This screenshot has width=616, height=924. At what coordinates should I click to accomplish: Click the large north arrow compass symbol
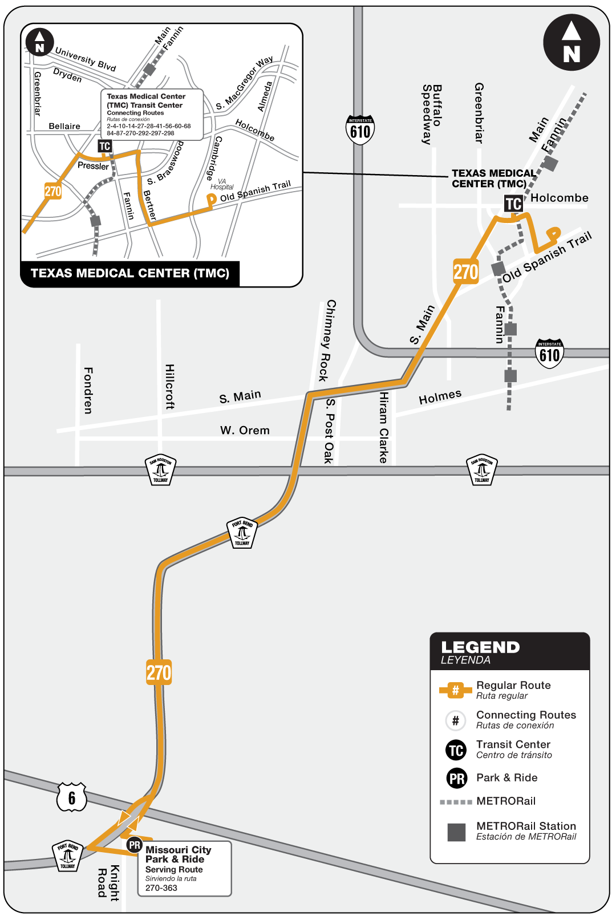click(x=571, y=43)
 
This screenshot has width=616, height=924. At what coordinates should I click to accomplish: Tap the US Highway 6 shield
click(x=72, y=797)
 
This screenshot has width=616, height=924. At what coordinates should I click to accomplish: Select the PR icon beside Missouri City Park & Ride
click(x=135, y=845)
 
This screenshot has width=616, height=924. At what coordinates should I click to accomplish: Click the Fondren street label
click(x=88, y=390)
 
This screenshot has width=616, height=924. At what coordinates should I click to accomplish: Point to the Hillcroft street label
click(x=169, y=387)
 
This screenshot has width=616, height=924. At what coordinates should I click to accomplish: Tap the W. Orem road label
click(x=245, y=431)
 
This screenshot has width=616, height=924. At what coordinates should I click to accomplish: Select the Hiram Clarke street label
click(x=384, y=427)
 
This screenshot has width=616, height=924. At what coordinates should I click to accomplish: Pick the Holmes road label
click(x=440, y=397)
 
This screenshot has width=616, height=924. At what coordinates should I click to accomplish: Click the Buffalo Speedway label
click(x=432, y=114)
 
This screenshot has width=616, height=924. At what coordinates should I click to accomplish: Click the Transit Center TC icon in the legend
click(x=456, y=750)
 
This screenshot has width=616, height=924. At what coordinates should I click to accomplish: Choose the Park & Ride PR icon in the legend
click(x=457, y=778)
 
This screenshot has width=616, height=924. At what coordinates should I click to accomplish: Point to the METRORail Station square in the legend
click(x=456, y=832)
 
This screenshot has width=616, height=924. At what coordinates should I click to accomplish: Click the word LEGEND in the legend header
click(x=480, y=647)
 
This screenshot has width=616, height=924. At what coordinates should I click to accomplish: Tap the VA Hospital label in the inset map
click(x=222, y=184)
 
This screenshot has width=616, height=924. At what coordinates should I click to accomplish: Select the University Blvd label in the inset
click(x=86, y=59)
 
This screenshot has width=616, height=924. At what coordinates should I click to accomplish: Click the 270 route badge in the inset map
click(x=53, y=191)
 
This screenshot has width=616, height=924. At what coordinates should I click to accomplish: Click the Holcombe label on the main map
click(x=560, y=198)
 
